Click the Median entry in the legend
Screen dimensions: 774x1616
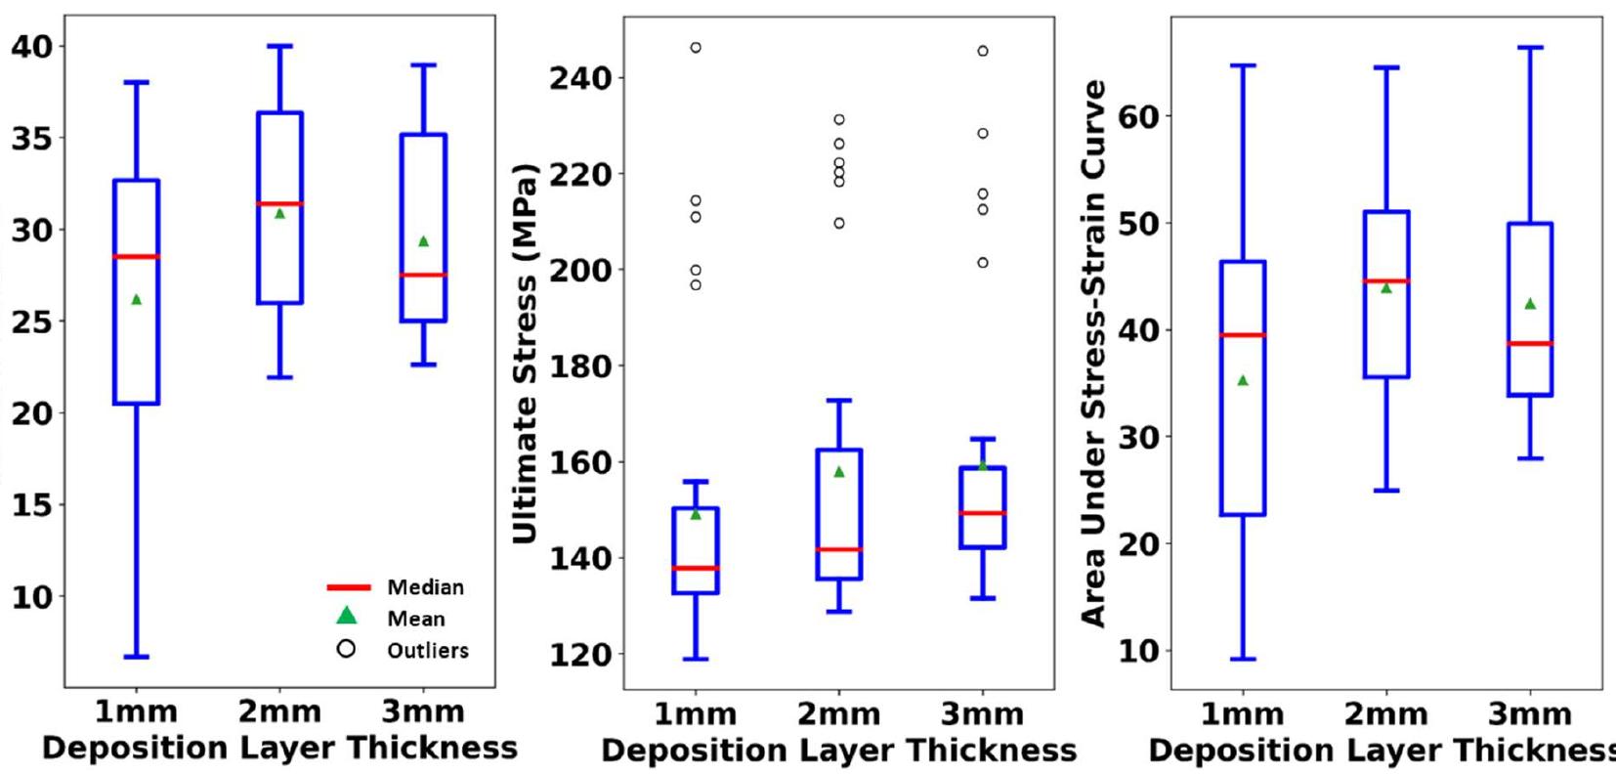tap(425, 587)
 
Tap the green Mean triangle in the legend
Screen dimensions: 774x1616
tap(347, 616)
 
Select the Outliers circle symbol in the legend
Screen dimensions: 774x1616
tap(346, 649)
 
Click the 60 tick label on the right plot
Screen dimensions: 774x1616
tap(1134, 116)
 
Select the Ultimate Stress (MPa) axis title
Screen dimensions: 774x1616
tap(525, 352)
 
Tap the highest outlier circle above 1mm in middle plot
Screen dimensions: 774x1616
tap(696, 48)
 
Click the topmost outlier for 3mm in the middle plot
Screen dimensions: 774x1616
tap(983, 51)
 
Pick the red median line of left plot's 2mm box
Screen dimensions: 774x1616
tap(280, 203)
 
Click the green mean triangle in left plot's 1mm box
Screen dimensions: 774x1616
tap(137, 299)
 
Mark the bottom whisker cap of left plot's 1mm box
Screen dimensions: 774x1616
tap(137, 657)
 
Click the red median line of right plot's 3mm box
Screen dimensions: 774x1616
tap(1530, 343)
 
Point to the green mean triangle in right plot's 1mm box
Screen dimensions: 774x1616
tap(1243, 380)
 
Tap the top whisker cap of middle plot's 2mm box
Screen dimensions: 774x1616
tap(839, 400)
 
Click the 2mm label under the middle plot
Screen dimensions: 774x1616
tap(838, 714)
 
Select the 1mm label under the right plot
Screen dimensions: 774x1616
tap(1242, 714)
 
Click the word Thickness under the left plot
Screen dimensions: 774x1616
tap(432, 749)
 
